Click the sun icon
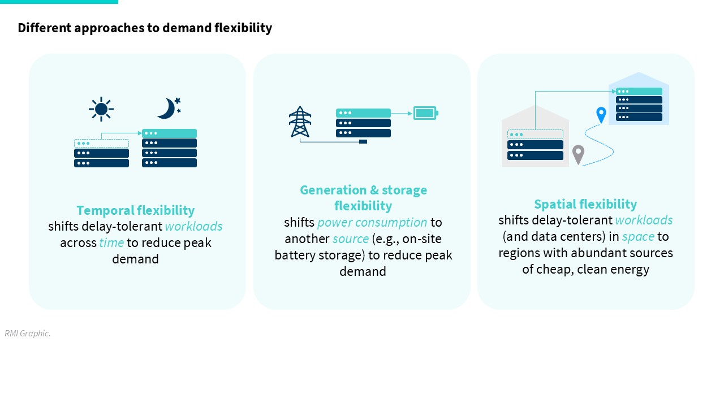tap(101, 109)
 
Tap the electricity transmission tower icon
tap(300, 122)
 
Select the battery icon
tap(426, 113)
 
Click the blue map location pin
tap(601, 115)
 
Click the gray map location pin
tap(578, 154)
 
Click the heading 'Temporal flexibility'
tap(135, 210)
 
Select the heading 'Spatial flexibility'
tap(585, 204)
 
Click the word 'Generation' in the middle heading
tap(333, 190)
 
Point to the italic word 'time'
tap(111, 243)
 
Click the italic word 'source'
tap(350, 239)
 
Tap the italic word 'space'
tap(638, 237)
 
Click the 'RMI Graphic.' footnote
tap(28, 334)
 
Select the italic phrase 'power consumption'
tap(372, 223)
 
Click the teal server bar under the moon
tap(169, 133)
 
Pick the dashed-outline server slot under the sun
tap(101, 143)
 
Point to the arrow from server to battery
tap(402, 114)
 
